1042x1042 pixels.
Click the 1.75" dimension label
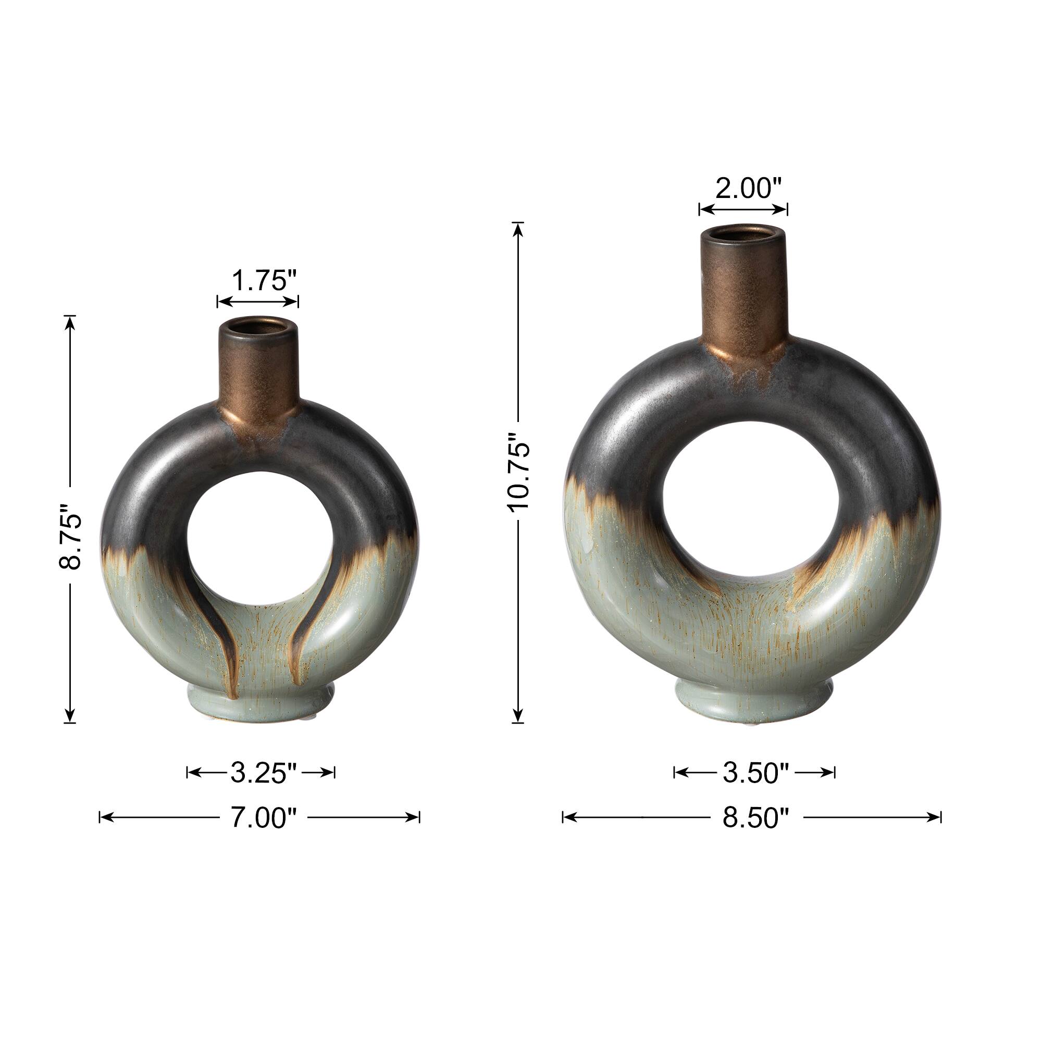tap(264, 281)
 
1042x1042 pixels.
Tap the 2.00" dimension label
tap(748, 188)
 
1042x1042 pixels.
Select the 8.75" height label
tap(70, 537)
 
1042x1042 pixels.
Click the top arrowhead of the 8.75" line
tap(70, 321)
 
